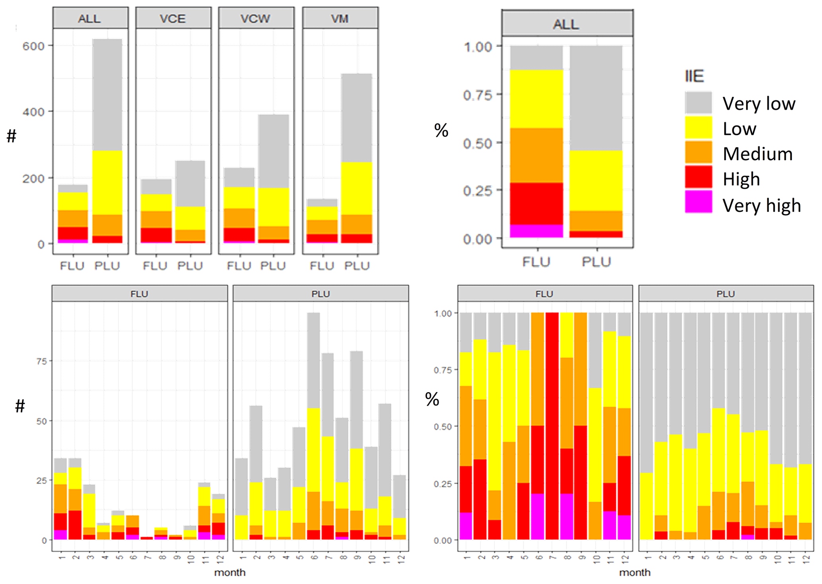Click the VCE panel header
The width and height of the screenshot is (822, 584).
[x=173, y=18]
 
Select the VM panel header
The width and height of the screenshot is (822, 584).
[x=340, y=18]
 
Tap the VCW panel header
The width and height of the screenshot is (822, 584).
[x=256, y=18]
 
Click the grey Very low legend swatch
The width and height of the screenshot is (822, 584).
[x=698, y=103]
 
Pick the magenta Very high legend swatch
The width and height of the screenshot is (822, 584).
[x=698, y=202]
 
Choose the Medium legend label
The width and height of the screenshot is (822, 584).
[x=758, y=154]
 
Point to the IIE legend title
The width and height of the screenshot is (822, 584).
[x=694, y=76]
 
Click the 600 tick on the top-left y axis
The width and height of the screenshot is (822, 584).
[x=33, y=46]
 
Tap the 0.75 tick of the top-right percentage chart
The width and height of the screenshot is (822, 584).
[x=478, y=95]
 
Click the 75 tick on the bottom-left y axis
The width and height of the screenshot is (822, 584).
[x=41, y=361]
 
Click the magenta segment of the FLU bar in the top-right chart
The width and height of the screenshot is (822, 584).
[x=536, y=231]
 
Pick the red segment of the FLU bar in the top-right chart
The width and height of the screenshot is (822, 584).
[x=536, y=203]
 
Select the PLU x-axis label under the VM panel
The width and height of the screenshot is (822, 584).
[x=357, y=265]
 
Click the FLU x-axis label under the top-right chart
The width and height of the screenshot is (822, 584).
[x=536, y=262]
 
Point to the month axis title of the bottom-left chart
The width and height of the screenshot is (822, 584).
[x=230, y=572]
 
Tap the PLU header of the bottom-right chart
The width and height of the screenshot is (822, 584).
[x=726, y=294]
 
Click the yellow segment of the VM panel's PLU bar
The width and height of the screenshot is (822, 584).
[x=357, y=188]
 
